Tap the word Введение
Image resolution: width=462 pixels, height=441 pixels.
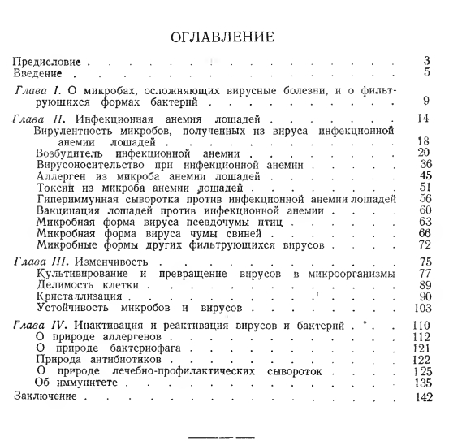(40, 72)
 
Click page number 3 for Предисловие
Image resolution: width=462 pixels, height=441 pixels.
(427, 61)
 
